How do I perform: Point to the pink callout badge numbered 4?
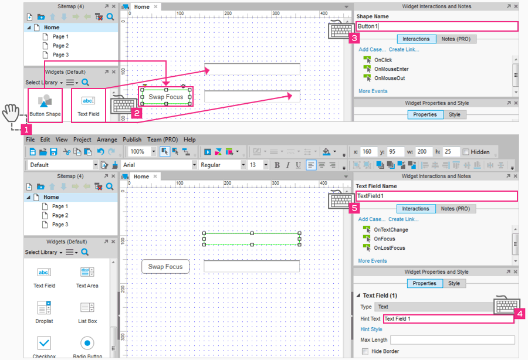click(519, 314)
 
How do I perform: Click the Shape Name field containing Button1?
click(436, 26)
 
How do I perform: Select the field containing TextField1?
click(436, 196)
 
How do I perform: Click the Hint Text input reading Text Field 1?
click(448, 319)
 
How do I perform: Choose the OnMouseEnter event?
click(391, 69)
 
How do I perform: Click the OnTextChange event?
click(391, 230)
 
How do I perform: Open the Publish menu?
click(132, 140)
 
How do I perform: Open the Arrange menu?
click(107, 140)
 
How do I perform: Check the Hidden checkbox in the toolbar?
click(466, 152)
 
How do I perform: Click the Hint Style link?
click(371, 330)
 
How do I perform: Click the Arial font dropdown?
click(159, 165)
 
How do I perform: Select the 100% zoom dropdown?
click(141, 152)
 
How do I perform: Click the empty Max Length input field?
click(452, 340)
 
